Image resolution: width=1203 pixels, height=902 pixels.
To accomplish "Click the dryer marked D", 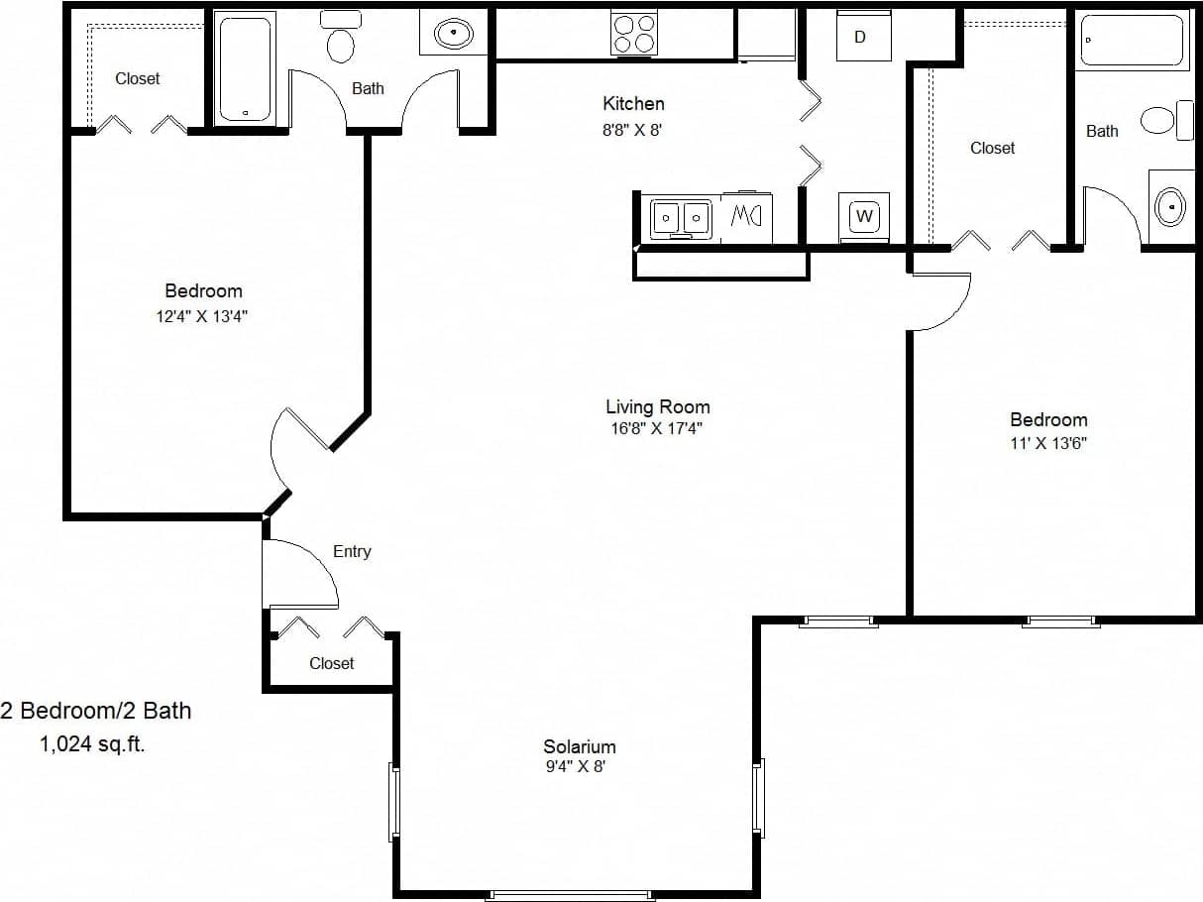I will coord(860,37).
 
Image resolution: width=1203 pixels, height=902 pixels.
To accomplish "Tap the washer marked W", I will coord(863,215).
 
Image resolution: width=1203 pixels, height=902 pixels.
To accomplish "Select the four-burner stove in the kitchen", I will coord(634,32).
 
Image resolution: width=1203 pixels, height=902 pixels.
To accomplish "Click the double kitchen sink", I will coord(681,217).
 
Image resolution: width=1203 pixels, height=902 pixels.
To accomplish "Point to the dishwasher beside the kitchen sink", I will coord(745,216).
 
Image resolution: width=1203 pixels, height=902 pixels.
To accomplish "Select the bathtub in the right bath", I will coord(1132,40).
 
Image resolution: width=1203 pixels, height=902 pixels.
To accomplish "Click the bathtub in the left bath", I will coord(245,68).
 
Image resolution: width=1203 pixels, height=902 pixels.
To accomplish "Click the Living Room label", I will coord(657,406).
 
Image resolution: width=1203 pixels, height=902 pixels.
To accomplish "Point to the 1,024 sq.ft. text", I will coord(92,745).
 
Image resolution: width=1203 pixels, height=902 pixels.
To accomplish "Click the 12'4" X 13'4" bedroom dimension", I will coord(203,316).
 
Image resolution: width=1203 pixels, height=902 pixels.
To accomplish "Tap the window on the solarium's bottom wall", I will coord(570,896).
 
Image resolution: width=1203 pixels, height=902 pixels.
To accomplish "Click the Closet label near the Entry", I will coord(331,663).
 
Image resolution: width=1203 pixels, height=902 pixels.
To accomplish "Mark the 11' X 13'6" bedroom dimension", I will coord(1048,443).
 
